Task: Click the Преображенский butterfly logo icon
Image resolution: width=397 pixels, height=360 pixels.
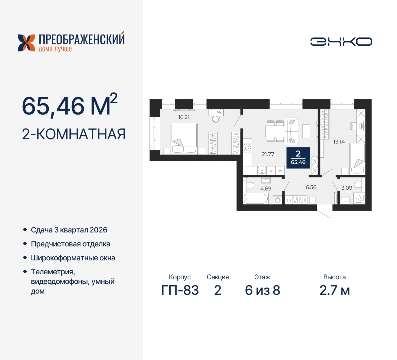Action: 26,43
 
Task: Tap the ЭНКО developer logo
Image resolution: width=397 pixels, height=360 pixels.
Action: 341,42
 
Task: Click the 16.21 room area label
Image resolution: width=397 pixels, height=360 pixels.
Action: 184,117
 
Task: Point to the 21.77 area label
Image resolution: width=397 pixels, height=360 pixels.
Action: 268,154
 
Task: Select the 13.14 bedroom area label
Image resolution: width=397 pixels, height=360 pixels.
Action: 339,142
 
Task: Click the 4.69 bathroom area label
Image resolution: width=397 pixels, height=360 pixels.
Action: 266,189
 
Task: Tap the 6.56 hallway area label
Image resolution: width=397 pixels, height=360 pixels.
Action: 311,187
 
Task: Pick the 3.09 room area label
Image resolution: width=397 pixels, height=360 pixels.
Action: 346,188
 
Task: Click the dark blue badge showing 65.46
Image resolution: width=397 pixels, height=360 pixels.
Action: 298,158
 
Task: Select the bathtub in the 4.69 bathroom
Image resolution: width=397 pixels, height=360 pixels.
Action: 256,199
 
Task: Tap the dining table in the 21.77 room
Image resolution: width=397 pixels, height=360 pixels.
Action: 275,131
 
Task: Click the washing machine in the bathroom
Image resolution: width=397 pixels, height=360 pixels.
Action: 278,200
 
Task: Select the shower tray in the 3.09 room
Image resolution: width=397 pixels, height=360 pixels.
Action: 359,198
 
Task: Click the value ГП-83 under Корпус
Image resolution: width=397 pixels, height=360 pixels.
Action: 180,290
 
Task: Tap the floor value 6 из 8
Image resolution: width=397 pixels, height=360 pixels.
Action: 262,290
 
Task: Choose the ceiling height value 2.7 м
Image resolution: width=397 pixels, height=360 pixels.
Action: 334,290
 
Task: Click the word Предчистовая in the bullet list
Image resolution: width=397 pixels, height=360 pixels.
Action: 51,244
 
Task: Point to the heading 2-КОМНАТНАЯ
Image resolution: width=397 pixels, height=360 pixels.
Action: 74,134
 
